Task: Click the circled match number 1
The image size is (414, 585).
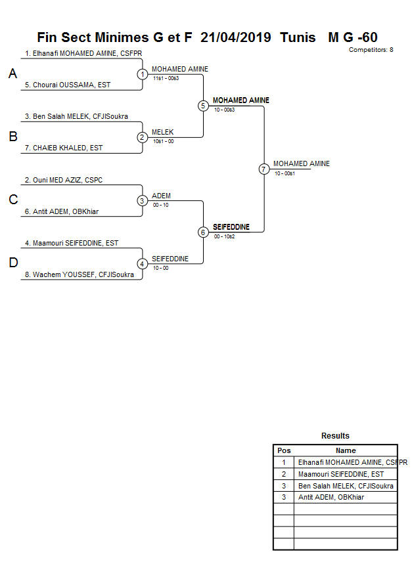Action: pyautogui.click(x=143, y=74)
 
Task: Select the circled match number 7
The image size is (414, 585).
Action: pyautogui.click(x=264, y=169)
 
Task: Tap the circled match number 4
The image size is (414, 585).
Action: pyautogui.click(x=143, y=264)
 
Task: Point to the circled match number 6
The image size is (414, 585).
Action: pyautogui.click(x=203, y=232)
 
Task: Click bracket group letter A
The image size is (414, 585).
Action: pyautogui.click(x=12, y=74)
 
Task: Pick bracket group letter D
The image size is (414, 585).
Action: pyautogui.click(x=12, y=263)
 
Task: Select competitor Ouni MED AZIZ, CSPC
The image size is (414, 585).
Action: pyautogui.click(x=68, y=180)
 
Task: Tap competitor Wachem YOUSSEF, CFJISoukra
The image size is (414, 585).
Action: pyautogui.click(x=79, y=274)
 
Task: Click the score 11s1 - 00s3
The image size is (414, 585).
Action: pyautogui.click(x=166, y=78)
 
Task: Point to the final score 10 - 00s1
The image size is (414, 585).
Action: pyautogui.click(x=285, y=173)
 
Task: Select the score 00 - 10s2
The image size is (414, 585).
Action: pyautogui.click(x=224, y=236)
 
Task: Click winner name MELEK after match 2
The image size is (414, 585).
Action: pyautogui.click(x=162, y=132)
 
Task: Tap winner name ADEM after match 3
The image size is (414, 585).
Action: pyautogui.click(x=161, y=196)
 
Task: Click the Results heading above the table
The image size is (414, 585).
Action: pyautogui.click(x=335, y=436)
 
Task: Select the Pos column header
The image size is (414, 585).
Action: pyautogui.click(x=284, y=450)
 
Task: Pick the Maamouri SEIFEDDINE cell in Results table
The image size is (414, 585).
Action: pyautogui.click(x=341, y=474)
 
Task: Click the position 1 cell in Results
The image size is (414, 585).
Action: pyautogui.click(x=284, y=462)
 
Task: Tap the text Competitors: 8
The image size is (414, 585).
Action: pyautogui.click(x=371, y=50)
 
